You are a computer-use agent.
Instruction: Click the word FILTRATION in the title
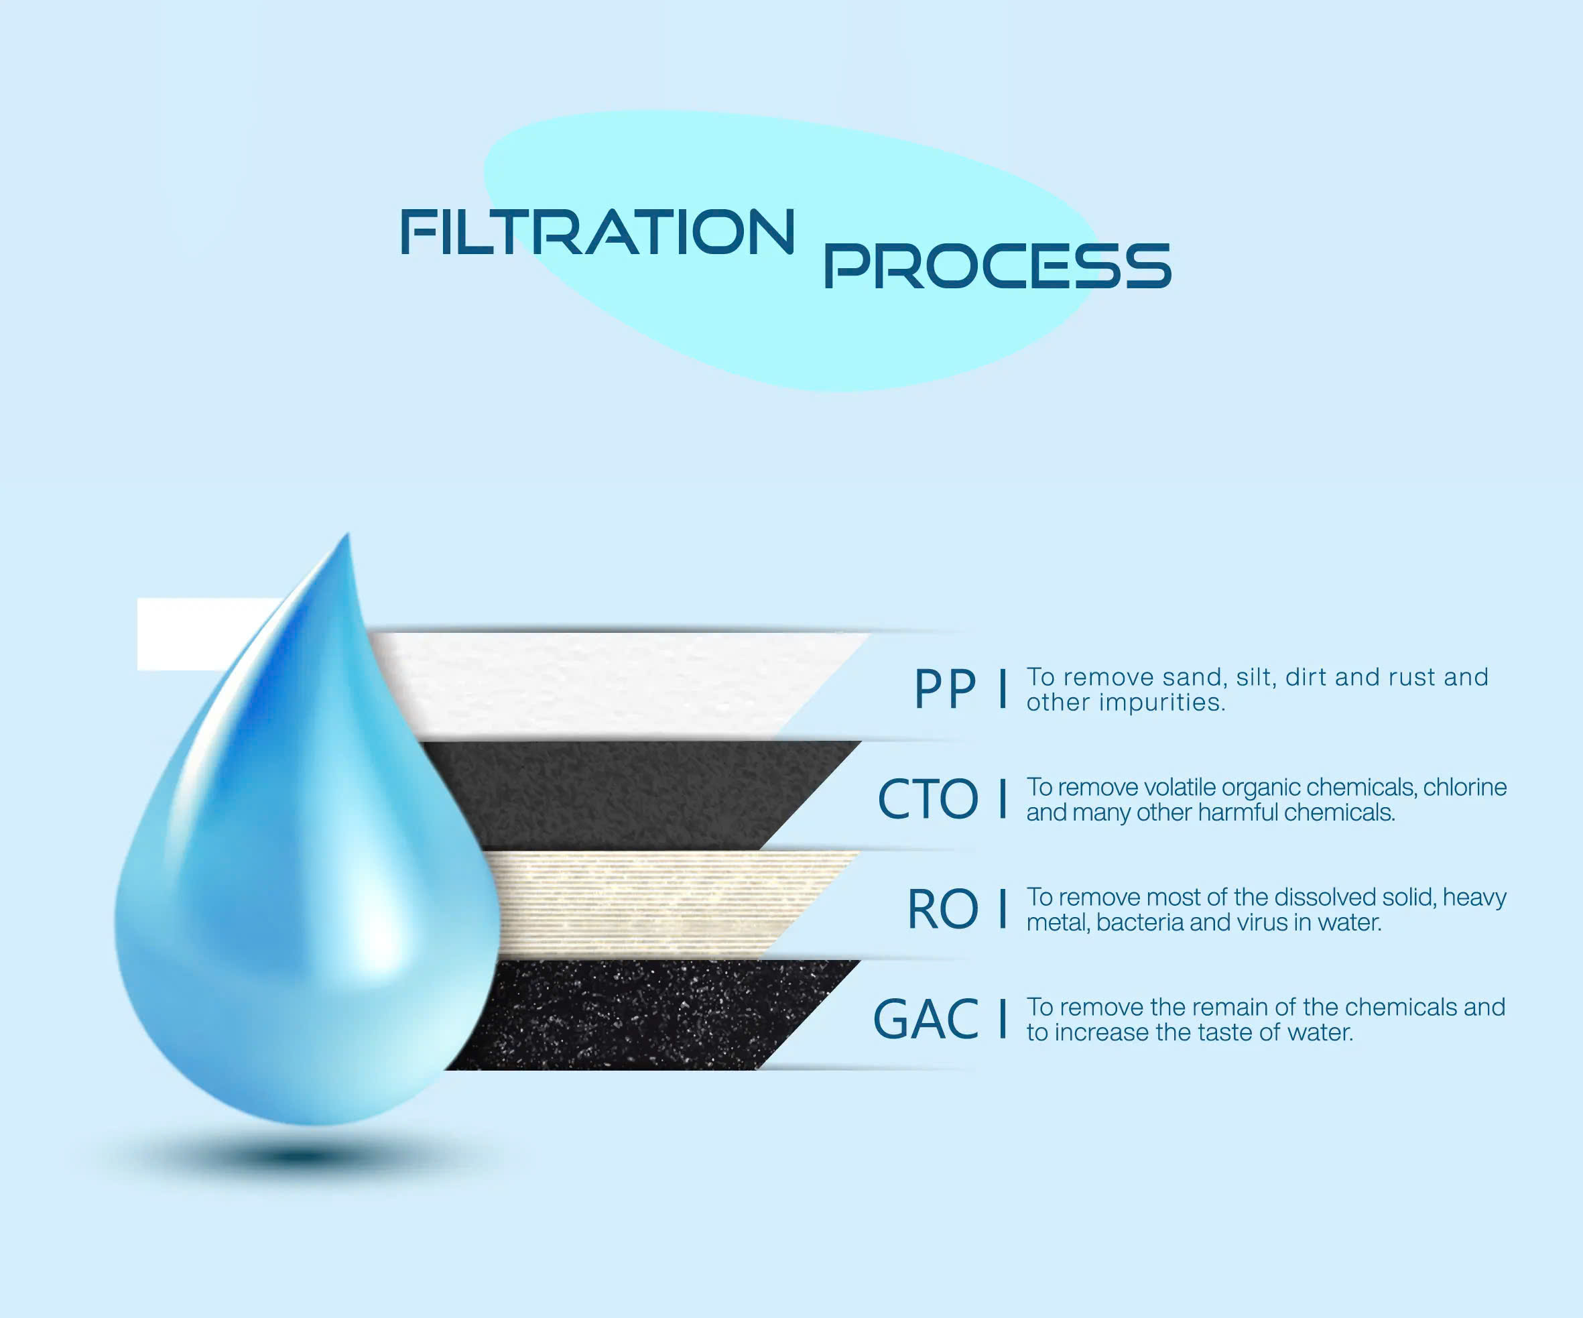pos(598,231)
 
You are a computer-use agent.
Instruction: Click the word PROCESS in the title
pos(997,265)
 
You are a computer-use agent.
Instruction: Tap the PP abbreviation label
pos(945,688)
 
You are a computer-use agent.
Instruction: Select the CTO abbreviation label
pos(928,798)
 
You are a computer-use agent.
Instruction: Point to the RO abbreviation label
pos(943,908)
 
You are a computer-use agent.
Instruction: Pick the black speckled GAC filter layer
pos(641,1015)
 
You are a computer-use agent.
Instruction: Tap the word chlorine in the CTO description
pos(1464,787)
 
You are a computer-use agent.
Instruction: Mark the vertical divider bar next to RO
pos(1003,908)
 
